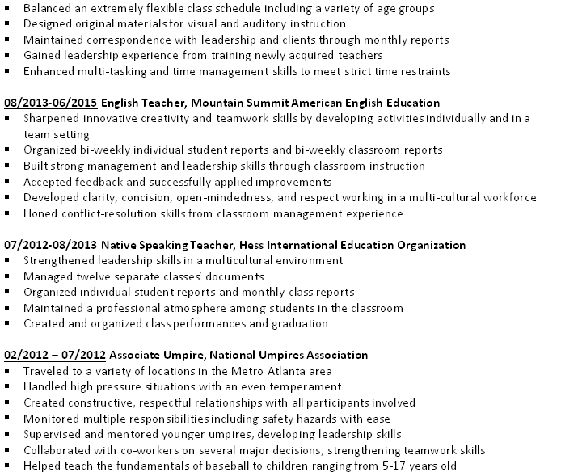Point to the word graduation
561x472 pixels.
coord(299,323)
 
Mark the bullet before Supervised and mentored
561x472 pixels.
coord(7,434)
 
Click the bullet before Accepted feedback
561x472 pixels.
coord(7,182)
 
